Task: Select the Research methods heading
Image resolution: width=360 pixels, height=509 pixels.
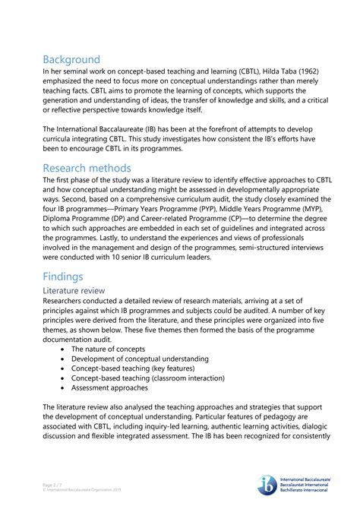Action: [87, 168]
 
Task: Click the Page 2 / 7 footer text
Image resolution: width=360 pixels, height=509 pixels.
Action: [56, 484]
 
